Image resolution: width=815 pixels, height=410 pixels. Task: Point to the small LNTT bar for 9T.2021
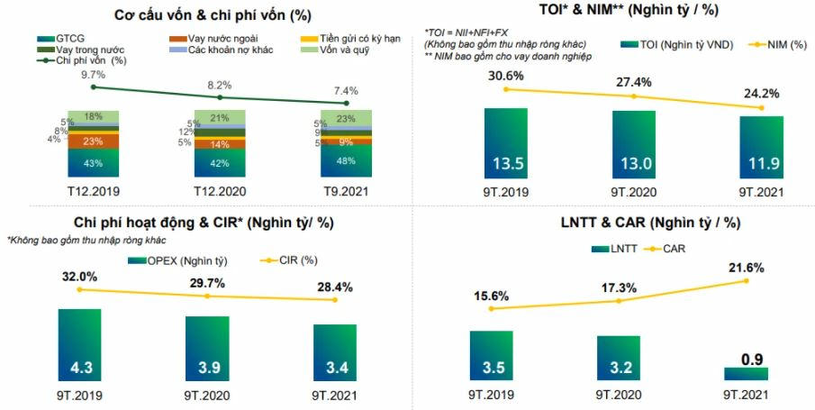746,373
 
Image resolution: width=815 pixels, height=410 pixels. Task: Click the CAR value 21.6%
747,269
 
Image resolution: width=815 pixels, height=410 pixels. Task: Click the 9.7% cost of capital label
94,75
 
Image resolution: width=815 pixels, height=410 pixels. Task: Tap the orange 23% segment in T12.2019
93,141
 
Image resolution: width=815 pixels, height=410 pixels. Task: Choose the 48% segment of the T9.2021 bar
347,159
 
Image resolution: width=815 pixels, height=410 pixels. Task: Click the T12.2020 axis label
220,191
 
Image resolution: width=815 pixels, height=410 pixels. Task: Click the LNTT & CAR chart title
612,223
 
